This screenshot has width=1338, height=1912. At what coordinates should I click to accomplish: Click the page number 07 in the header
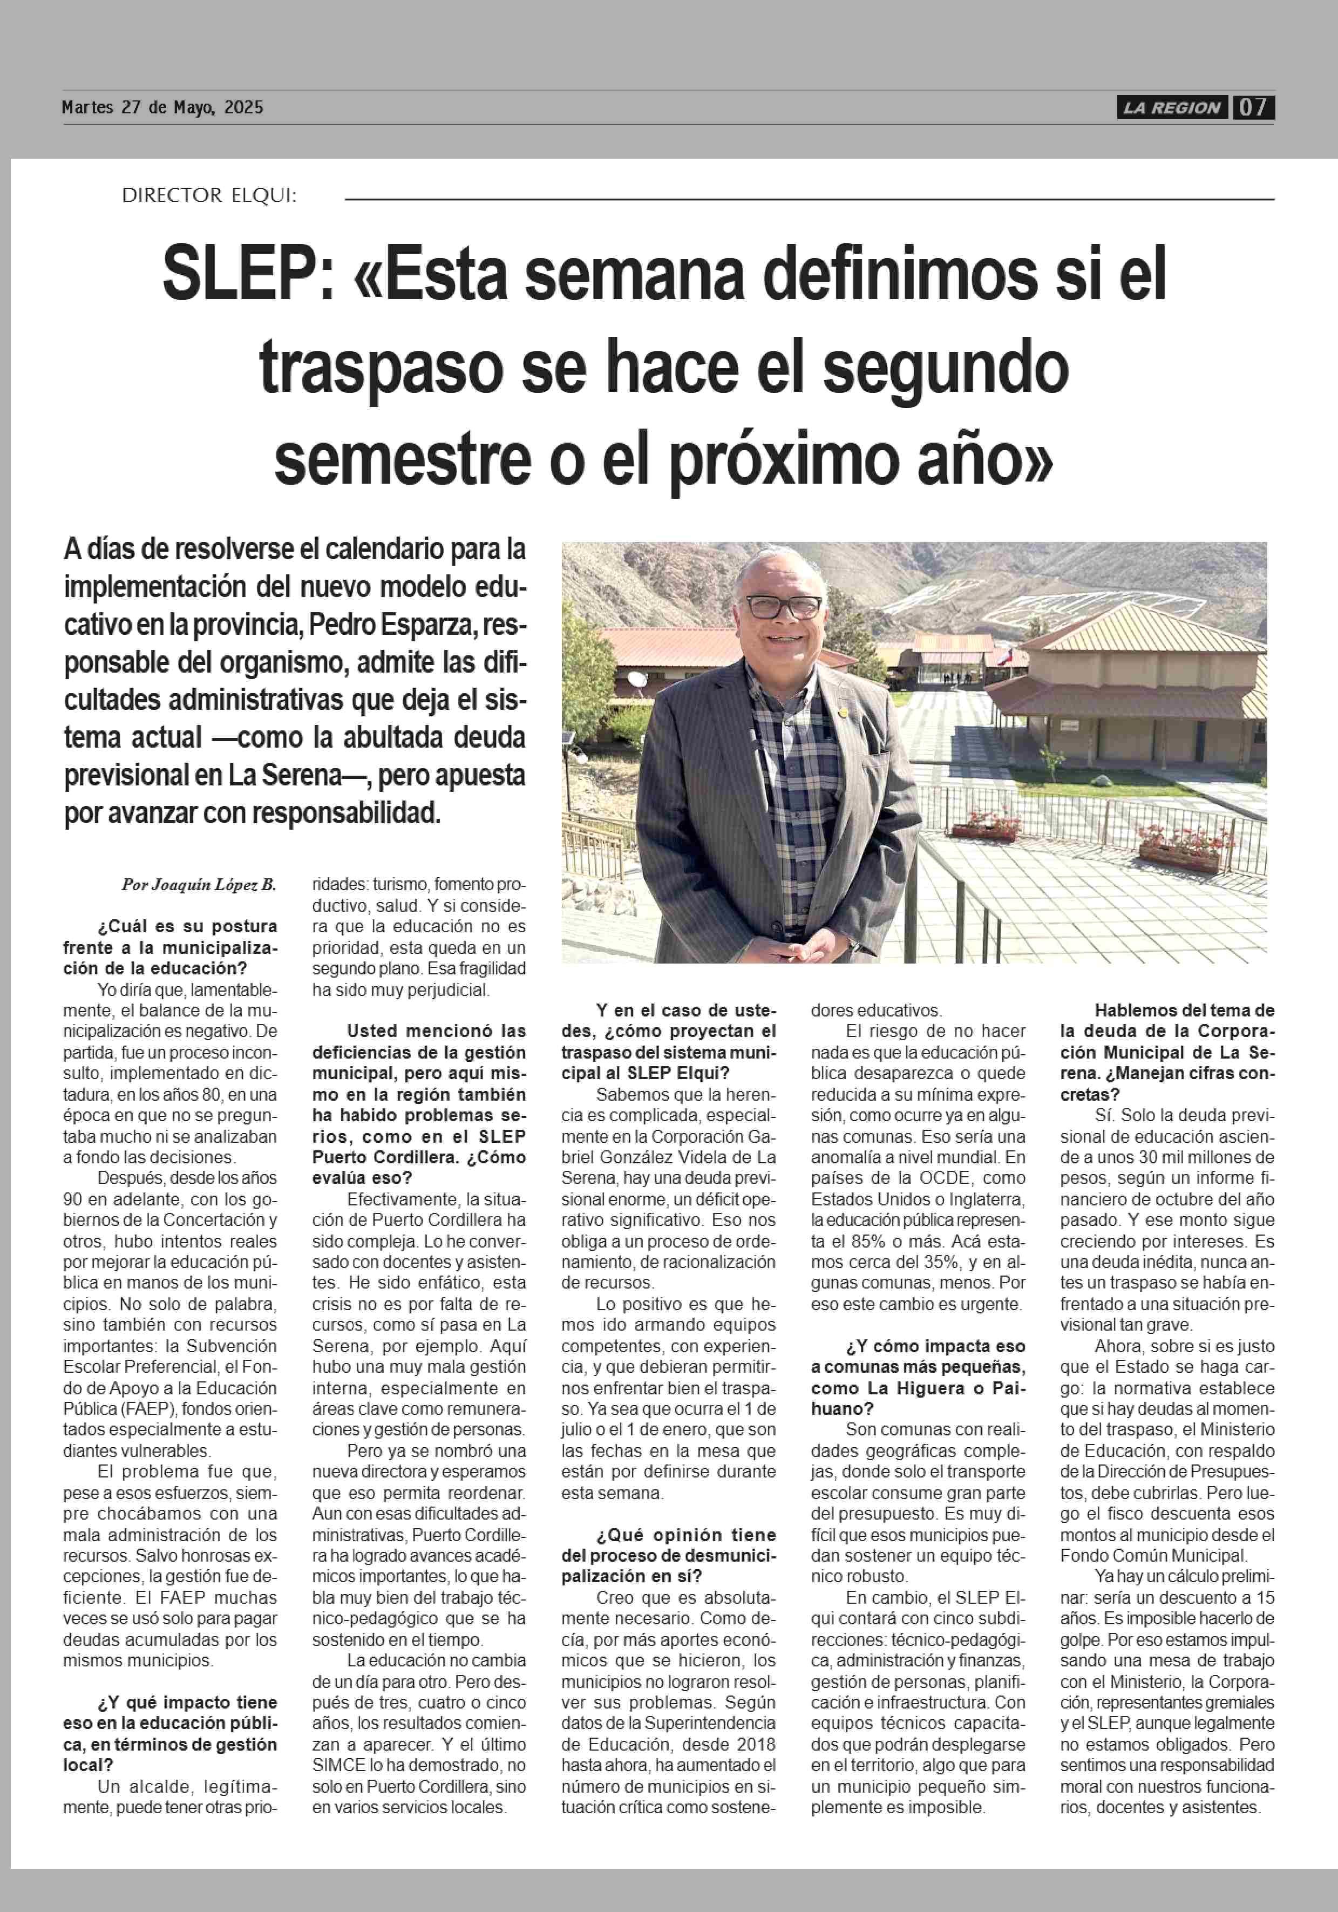pyautogui.click(x=1253, y=107)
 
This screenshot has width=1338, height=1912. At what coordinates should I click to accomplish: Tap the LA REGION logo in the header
pyautogui.click(x=1171, y=107)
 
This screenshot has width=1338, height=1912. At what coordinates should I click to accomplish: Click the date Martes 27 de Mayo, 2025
pyautogui.click(x=162, y=107)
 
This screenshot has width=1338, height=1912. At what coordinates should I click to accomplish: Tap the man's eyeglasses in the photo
pyautogui.click(x=784, y=606)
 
